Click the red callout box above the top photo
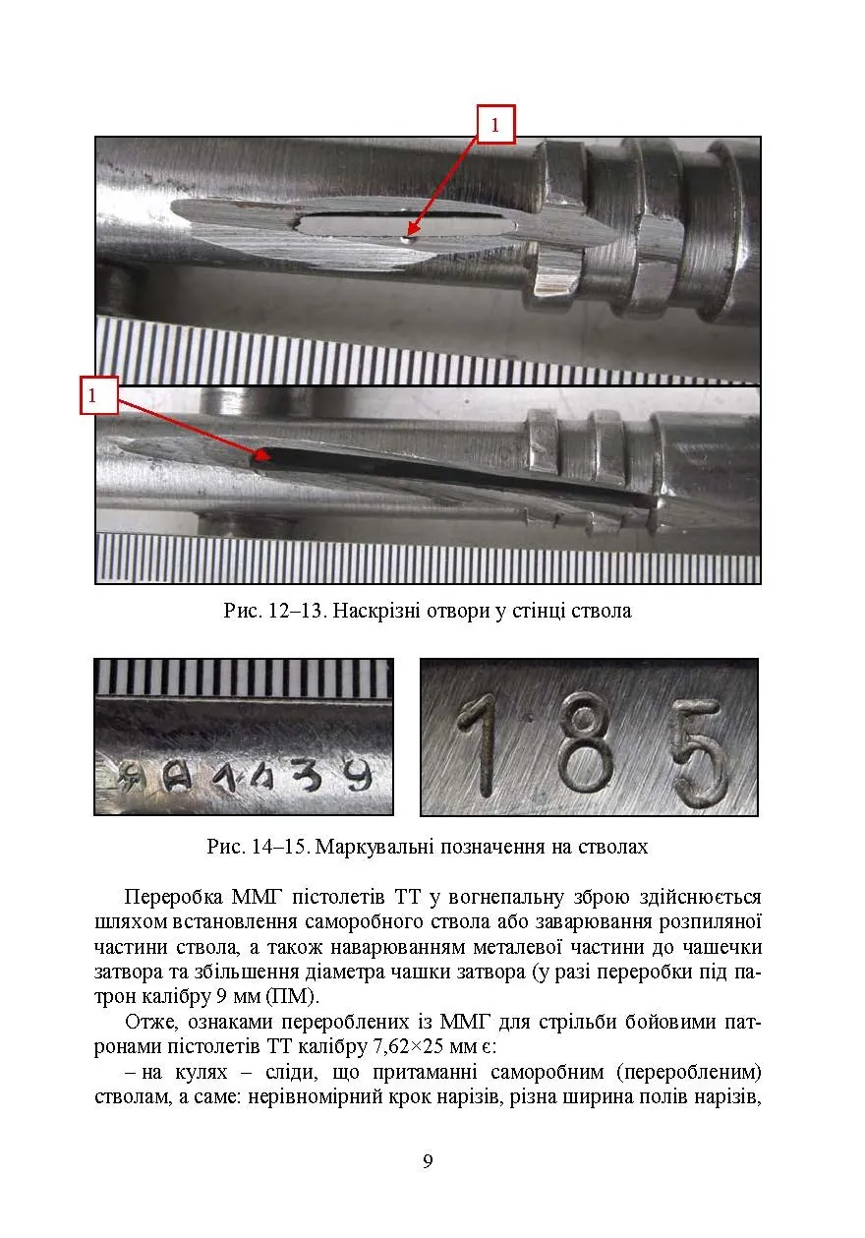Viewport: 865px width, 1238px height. pyautogui.click(x=495, y=124)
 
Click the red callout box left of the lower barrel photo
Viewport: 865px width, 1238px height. pyautogui.click(x=99, y=395)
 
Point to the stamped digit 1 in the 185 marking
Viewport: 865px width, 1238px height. pyautogui.click(x=479, y=745)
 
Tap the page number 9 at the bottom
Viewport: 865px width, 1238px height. pyautogui.click(x=428, y=1161)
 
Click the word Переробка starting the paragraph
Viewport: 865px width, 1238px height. pyautogui.click(x=174, y=897)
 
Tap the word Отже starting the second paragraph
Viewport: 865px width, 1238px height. pyautogui.click(x=151, y=1022)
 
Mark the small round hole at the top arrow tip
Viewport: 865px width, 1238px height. pyautogui.click(x=407, y=240)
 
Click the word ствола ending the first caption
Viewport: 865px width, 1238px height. pyautogui.click(x=601, y=612)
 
